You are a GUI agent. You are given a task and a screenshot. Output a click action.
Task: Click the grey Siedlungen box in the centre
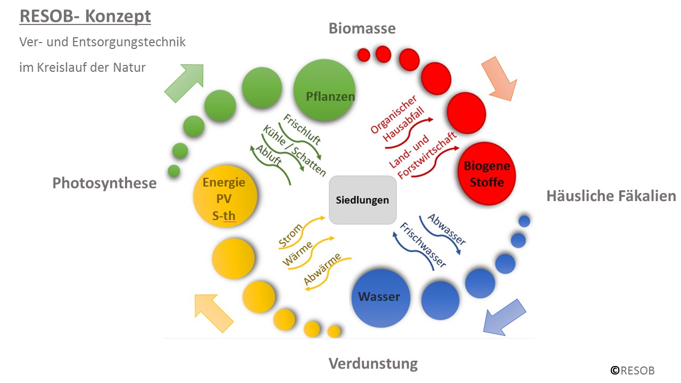pyautogui.click(x=362, y=200)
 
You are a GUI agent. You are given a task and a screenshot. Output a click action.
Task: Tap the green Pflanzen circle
pyautogui.click(x=325, y=90)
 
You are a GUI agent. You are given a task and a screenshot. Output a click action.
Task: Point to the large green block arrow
pyautogui.click(x=185, y=82)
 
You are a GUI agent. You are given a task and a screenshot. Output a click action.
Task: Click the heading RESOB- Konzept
pyautogui.click(x=85, y=16)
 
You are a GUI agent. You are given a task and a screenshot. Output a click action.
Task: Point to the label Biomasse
pyautogui.click(x=362, y=28)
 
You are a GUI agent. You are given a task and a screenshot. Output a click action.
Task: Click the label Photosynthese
pyautogui.click(x=104, y=183)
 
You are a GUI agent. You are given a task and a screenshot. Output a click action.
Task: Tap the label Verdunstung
pyautogui.click(x=373, y=364)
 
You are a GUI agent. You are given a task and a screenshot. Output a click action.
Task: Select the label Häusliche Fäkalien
pyautogui.click(x=611, y=196)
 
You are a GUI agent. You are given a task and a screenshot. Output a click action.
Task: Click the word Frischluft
pyautogui.click(x=302, y=129)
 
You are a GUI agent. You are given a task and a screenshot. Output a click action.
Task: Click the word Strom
pyautogui.click(x=290, y=236)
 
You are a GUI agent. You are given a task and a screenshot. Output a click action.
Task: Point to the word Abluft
pyautogui.click(x=269, y=157)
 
